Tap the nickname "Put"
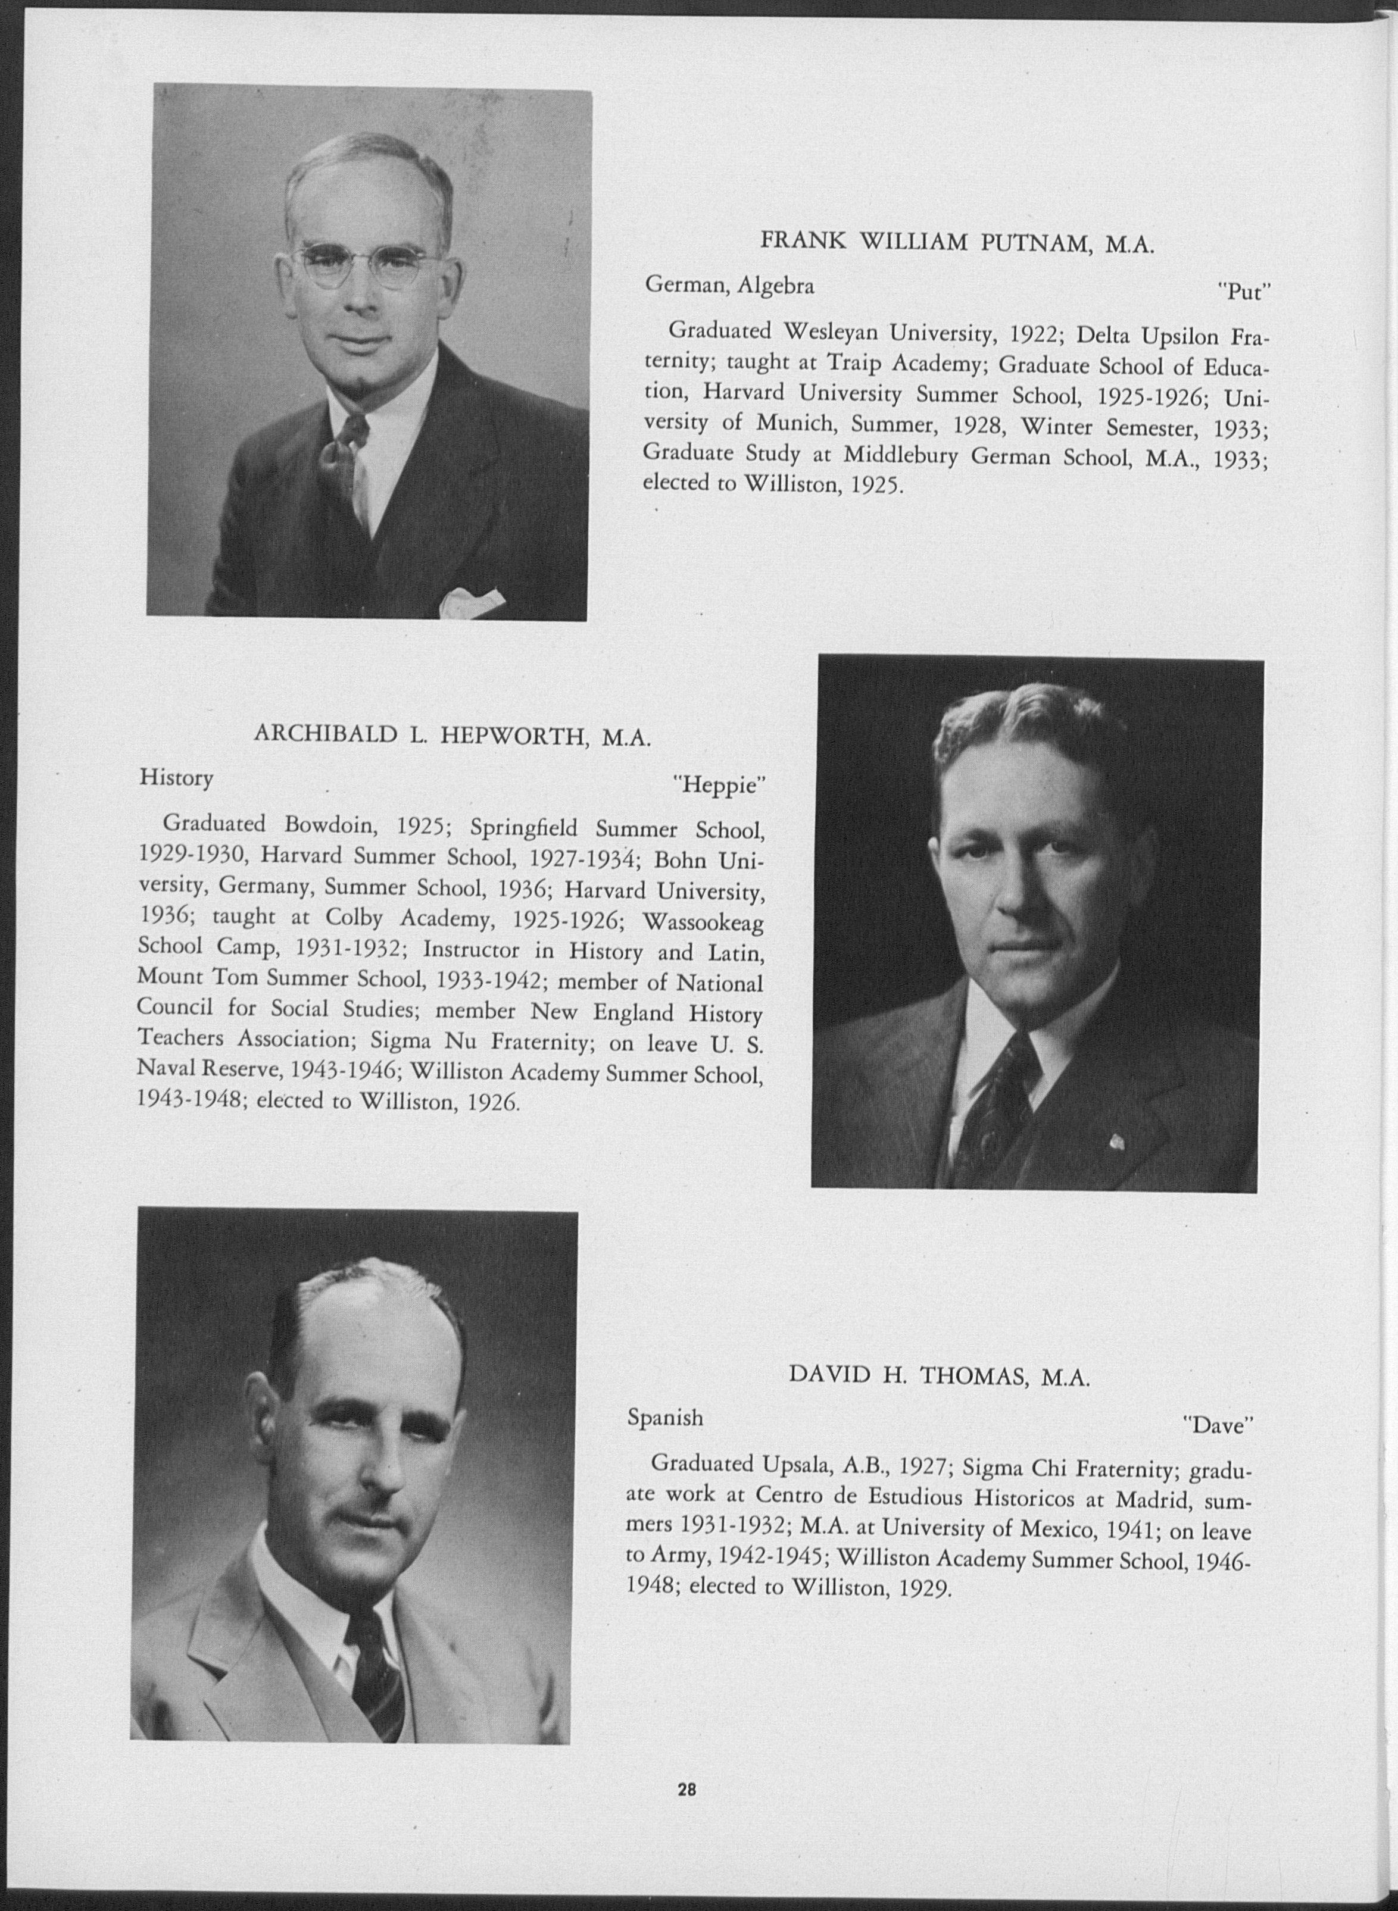pyautogui.click(x=1245, y=292)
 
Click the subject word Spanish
pyautogui.click(x=665, y=1417)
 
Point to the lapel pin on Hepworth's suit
pyautogui.click(x=1118, y=1141)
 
